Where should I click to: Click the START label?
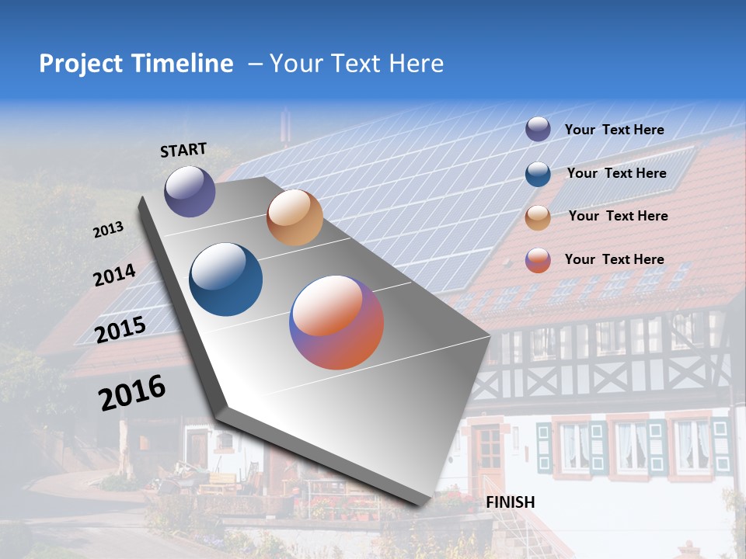(x=183, y=150)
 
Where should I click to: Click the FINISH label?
(x=510, y=502)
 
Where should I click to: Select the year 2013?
(x=108, y=230)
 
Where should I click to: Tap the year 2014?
(x=114, y=275)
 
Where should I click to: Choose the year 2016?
(x=132, y=392)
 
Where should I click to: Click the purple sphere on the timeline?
(x=190, y=191)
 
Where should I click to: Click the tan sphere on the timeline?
(x=295, y=217)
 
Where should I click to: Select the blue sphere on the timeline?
(x=226, y=279)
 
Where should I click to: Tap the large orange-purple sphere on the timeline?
(x=336, y=322)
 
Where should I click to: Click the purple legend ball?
(x=538, y=129)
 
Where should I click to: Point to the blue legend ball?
(x=538, y=174)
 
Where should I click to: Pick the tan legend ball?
(x=538, y=217)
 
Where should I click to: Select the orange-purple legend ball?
(x=538, y=260)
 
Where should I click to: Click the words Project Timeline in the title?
(x=136, y=64)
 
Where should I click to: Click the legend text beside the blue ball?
(x=616, y=173)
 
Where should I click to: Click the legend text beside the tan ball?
(x=618, y=216)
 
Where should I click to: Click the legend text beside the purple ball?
(x=614, y=130)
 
